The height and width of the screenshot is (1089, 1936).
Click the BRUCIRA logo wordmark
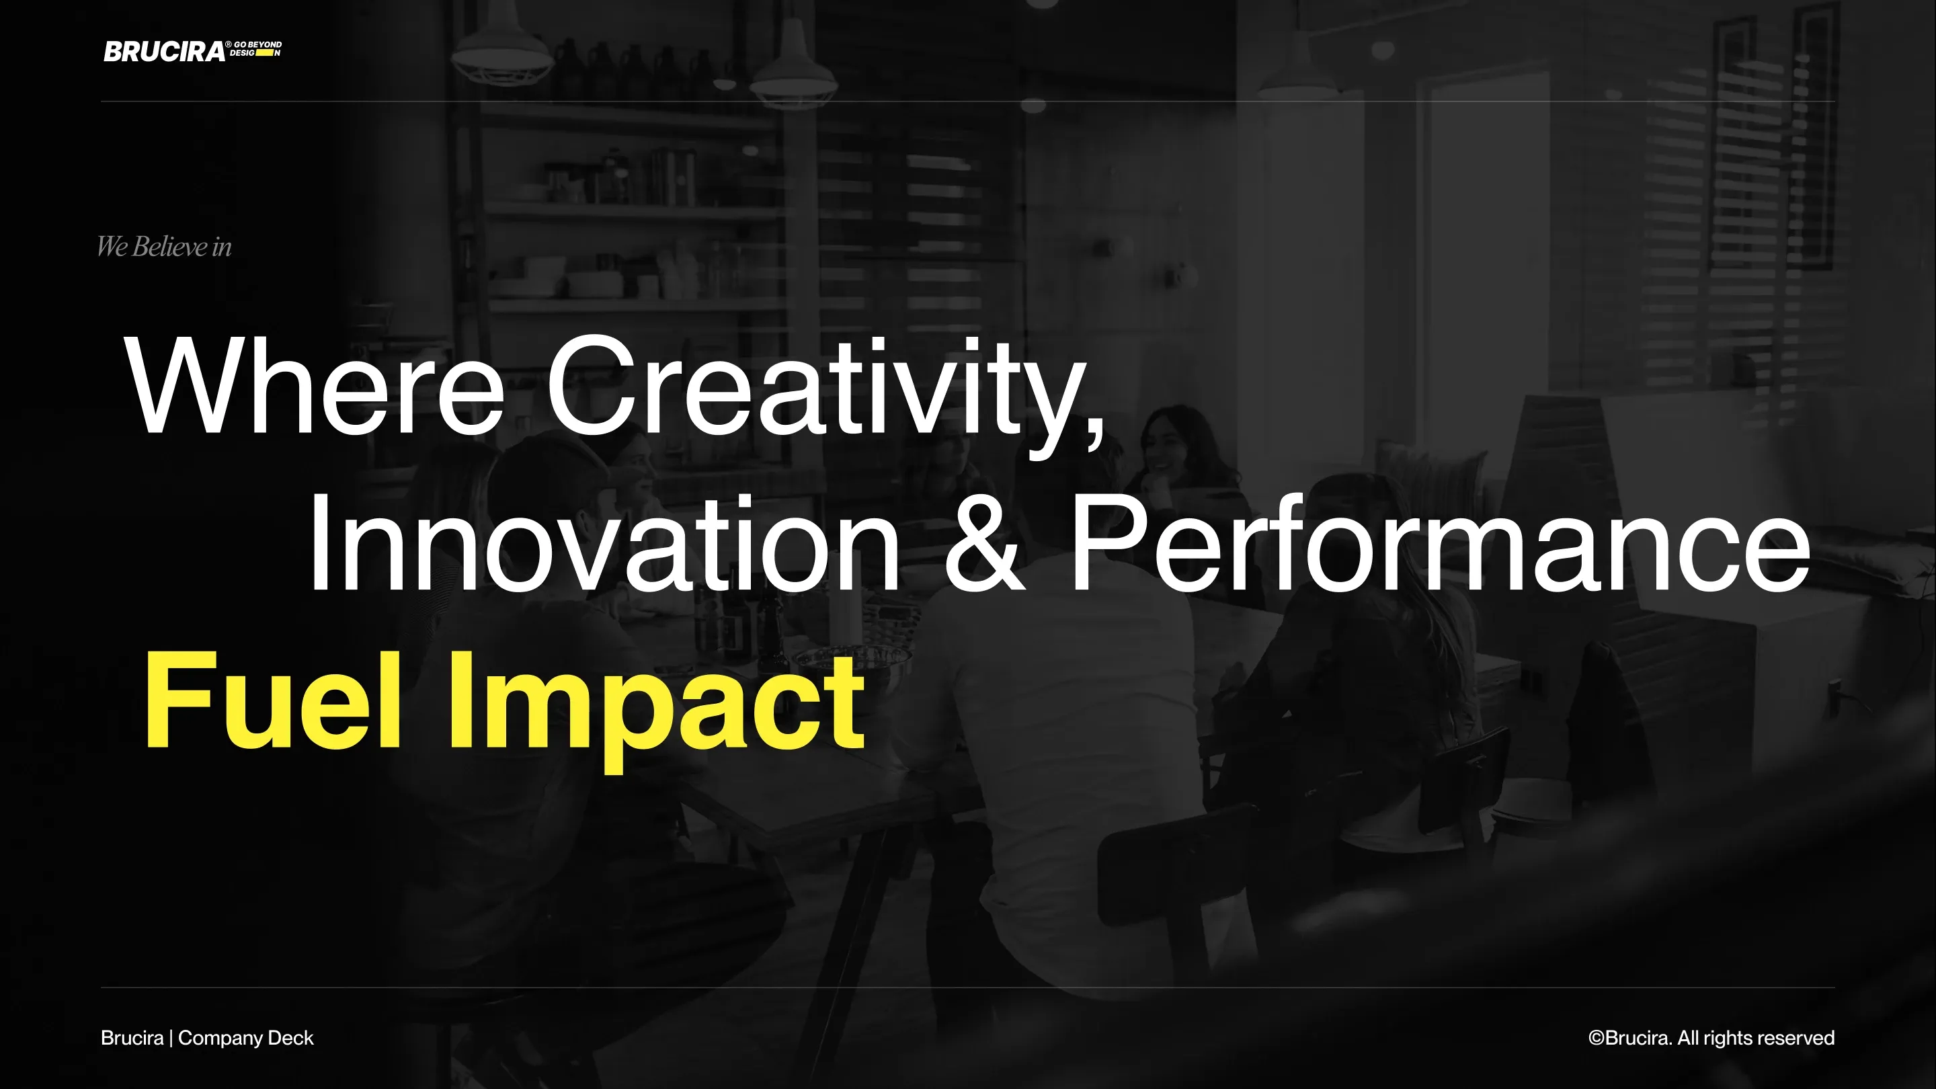tap(164, 51)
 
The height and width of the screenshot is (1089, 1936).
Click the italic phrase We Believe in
tap(164, 247)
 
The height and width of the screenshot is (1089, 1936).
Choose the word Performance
tap(1439, 543)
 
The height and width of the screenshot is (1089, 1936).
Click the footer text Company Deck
tap(246, 1038)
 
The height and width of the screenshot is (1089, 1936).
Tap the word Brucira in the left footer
tap(132, 1038)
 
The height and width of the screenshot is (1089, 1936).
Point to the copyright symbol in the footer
tap(1597, 1038)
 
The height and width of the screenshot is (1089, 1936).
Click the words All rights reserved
tap(1756, 1038)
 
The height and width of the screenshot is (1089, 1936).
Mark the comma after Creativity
tap(1096, 436)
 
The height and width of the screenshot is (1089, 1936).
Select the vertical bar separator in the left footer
tap(171, 1038)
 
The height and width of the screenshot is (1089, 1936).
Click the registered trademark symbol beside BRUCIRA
tap(229, 45)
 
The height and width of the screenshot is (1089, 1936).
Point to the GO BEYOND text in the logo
tap(257, 45)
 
